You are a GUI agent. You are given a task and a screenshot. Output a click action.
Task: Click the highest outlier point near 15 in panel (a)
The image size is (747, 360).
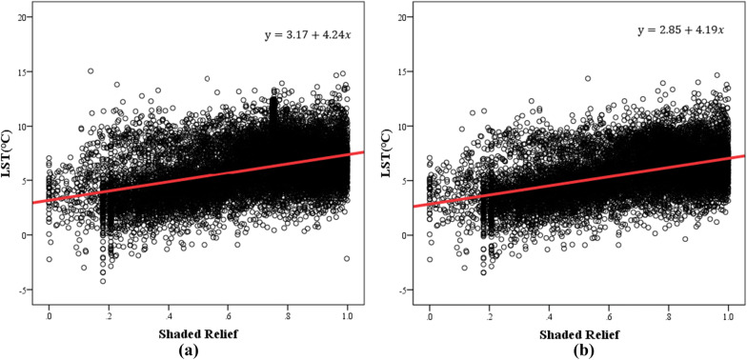tap(91, 70)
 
